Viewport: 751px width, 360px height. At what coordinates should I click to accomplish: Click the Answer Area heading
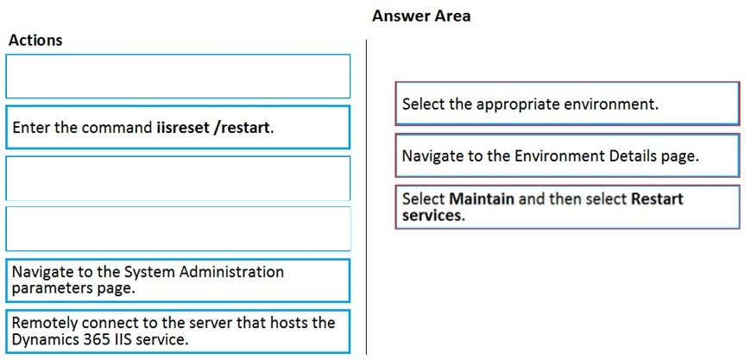(421, 16)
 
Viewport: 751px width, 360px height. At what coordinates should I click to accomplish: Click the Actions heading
(35, 41)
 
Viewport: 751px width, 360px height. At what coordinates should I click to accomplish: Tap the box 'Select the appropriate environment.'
(567, 104)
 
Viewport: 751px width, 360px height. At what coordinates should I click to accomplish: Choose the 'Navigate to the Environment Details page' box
(567, 155)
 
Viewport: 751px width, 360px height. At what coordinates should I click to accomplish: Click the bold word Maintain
(483, 199)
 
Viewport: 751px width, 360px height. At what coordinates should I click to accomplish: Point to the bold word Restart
(657, 199)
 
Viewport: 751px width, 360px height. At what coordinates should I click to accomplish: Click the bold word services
(433, 216)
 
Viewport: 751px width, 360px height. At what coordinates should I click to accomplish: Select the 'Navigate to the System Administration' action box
(178, 281)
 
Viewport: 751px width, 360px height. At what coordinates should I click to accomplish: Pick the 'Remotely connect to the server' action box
(178, 332)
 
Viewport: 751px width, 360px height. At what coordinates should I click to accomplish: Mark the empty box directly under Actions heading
(178, 76)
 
